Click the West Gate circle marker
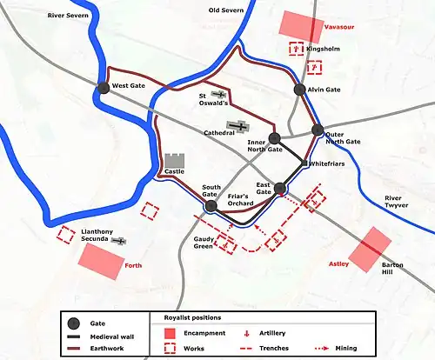click(x=104, y=86)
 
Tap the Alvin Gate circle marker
click(x=299, y=90)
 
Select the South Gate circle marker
click(x=211, y=205)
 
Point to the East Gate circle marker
click(x=280, y=188)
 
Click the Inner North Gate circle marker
click(x=274, y=137)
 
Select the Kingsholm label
click(x=325, y=50)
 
